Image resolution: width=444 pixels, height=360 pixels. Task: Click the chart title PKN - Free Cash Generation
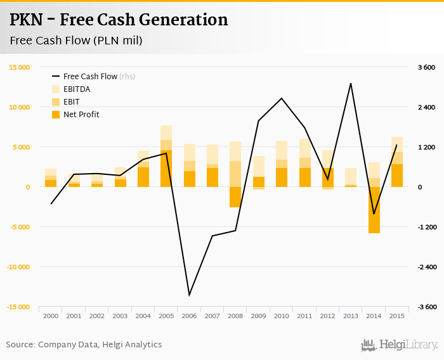[x=119, y=20]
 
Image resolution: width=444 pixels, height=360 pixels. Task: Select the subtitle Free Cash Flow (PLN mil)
[x=75, y=41]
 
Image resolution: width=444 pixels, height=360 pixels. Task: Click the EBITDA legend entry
[x=77, y=89]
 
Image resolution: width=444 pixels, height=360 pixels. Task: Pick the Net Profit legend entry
[x=81, y=115]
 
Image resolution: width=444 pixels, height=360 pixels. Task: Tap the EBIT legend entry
[x=72, y=102]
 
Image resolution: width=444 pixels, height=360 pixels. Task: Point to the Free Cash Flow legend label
[x=90, y=77]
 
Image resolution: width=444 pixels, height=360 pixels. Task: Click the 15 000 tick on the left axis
[x=19, y=67]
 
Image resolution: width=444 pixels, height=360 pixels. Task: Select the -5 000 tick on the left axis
[x=19, y=227]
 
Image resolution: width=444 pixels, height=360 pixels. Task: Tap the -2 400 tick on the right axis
[x=425, y=267]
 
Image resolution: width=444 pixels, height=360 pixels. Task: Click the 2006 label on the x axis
[x=189, y=316]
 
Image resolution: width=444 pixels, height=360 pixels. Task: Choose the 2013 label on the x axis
[x=351, y=316]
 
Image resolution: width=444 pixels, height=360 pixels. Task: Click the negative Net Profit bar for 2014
[x=374, y=210]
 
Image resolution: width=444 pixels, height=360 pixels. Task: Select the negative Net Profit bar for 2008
[x=235, y=197]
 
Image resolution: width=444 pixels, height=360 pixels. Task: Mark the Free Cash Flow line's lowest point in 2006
[x=189, y=295]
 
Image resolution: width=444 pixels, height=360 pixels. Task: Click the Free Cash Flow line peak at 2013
[x=351, y=83]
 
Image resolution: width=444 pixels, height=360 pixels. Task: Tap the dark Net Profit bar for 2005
[x=166, y=169]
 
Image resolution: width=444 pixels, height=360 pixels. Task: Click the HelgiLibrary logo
[x=399, y=345]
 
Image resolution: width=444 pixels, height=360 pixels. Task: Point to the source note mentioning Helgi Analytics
[x=84, y=345]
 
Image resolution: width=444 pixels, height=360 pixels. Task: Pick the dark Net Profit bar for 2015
[x=397, y=176]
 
